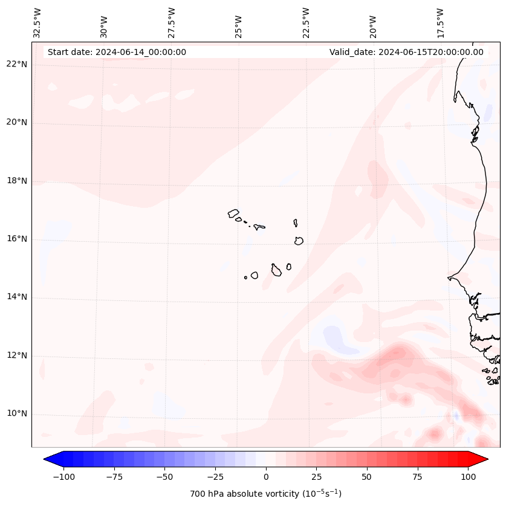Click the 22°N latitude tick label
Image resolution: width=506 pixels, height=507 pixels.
(x=17, y=64)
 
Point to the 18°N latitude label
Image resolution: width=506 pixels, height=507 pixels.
(x=17, y=181)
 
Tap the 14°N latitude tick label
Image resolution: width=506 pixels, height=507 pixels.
(x=17, y=297)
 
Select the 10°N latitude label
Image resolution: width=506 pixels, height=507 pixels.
(x=17, y=413)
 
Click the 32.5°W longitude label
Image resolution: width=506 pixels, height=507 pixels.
(x=37, y=23)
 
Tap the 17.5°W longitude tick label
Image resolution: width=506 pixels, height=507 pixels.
(x=440, y=23)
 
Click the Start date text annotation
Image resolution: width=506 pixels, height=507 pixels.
(x=117, y=52)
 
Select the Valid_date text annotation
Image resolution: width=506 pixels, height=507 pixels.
(x=406, y=52)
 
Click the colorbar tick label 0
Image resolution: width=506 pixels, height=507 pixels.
(x=266, y=477)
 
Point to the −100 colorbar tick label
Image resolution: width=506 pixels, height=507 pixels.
(x=63, y=477)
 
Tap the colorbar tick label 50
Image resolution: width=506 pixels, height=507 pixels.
(x=367, y=477)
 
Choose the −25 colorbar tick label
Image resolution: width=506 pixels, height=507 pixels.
(x=215, y=477)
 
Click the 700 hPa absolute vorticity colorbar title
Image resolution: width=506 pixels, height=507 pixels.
(x=265, y=494)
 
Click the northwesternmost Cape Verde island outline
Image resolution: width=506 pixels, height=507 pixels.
(x=233, y=213)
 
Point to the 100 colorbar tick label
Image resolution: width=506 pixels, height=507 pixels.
(x=468, y=477)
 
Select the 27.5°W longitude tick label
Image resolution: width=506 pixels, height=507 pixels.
(x=172, y=23)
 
